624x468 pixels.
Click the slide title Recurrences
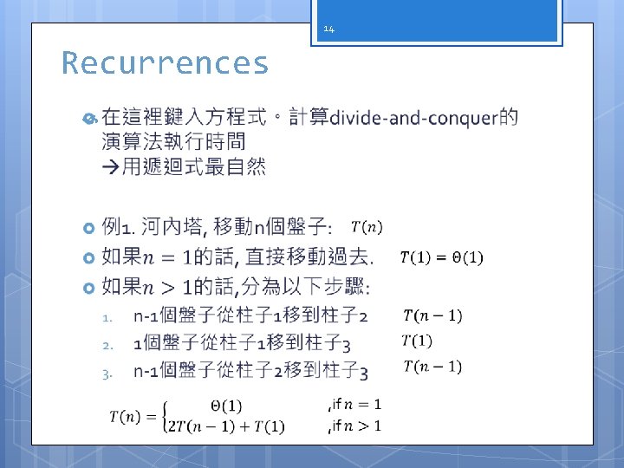(165, 63)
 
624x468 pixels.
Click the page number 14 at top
(328, 29)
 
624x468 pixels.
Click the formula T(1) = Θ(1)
(441, 257)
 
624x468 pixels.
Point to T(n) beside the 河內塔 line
(366, 228)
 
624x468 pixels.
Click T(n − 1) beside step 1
(432, 315)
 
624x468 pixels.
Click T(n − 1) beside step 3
(432, 366)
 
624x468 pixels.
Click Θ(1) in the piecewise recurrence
(226, 406)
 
